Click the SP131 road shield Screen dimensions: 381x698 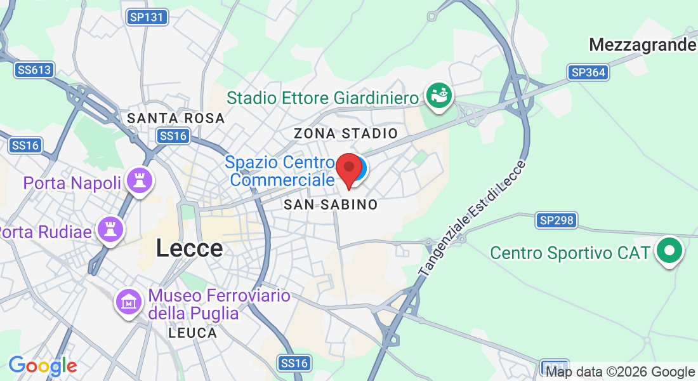pyautogui.click(x=147, y=17)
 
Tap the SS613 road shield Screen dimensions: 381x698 pyautogui.click(x=34, y=70)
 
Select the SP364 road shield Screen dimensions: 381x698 pyautogui.click(x=588, y=72)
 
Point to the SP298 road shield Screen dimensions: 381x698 pyautogui.click(x=556, y=220)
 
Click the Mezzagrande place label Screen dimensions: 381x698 pyautogui.click(x=642, y=45)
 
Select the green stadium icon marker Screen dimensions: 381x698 pyautogui.click(x=439, y=96)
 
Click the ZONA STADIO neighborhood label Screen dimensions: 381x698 pyautogui.click(x=345, y=133)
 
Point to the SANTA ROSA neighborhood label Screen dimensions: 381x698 pyautogui.click(x=176, y=118)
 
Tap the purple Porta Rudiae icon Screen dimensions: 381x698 pyautogui.click(x=109, y=229)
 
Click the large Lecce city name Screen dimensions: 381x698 pyautogui.click(x=189, y=248)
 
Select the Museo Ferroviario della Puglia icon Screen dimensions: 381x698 pyautogui.click(x=128, y=302)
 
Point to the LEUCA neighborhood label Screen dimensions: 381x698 pyautogui.click(x=193, y=333)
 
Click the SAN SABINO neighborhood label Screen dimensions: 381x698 pyautogui.click(x=331, y=204)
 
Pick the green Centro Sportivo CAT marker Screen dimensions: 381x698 pyautogui.click(x=669, y=250)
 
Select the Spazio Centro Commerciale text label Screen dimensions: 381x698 pyautogui.click(x=279, y=171)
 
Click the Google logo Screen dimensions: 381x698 pyautogui.click(x=43, y=366)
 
